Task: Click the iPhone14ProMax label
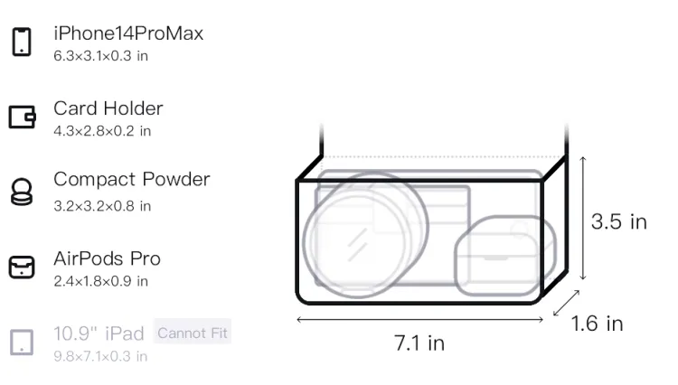coord(128,33)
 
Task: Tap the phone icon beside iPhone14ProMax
coord(22,42)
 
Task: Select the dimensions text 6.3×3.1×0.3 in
coord(100,56)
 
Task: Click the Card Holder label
coord(108,108)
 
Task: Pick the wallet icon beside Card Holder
coord(22,117)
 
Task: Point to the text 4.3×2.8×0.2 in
coord(102,131)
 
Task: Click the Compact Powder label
coord(132,179)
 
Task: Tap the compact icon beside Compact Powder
coord(21,192)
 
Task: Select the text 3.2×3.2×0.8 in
coord(102,206)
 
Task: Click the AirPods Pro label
coord(108,258)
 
